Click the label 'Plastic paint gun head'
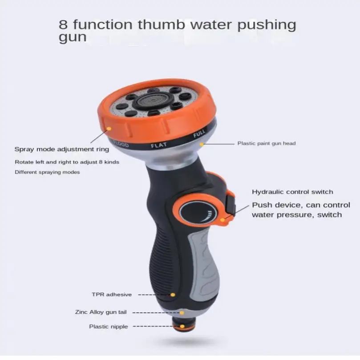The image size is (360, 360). click(266, 143)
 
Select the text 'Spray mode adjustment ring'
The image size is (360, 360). click(61, 150)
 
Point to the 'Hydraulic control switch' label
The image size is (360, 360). click(292, 192)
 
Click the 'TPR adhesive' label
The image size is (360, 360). click(112, 295)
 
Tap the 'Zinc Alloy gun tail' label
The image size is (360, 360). click(101, 312)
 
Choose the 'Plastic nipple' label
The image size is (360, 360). click(108, 327)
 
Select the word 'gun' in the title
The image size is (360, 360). click(73, 37)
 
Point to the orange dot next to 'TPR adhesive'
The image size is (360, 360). click(173, 295)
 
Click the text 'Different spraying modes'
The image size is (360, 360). click(47, 172)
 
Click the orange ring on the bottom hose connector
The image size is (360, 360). click(182, 327)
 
